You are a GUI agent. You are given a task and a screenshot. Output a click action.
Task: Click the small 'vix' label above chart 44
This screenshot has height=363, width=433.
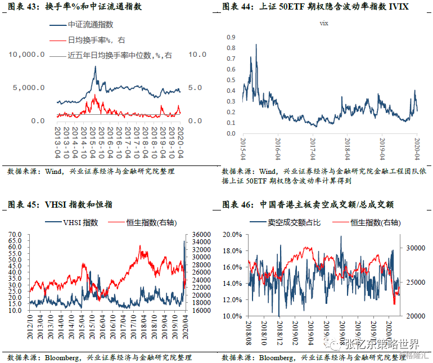323,24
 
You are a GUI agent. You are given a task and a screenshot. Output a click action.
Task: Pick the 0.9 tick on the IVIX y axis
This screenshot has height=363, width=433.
230,37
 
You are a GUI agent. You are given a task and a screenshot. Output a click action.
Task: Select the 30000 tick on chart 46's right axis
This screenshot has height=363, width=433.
415,248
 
